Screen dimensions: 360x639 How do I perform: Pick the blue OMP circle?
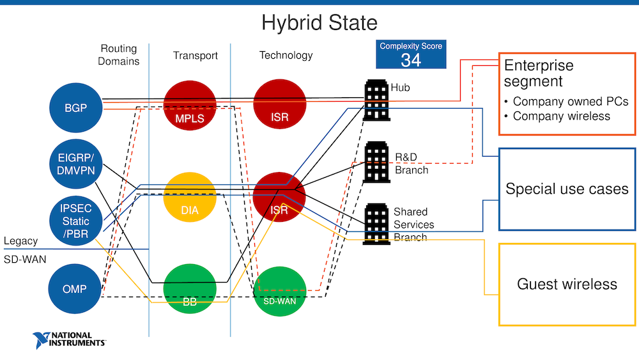click(76, 290)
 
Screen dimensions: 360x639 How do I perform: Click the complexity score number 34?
click(411, 60)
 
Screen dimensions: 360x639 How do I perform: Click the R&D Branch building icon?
click(377, 162)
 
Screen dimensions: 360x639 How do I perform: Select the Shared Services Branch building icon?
click(377, 224)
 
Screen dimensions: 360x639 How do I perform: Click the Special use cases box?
click(567, 189)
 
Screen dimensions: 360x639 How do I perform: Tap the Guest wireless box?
click(567, 285)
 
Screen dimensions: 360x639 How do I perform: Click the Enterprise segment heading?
click(539, 73)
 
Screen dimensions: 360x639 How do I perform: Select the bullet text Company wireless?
click(561, 116)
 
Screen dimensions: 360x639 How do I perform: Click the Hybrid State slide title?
click(319, 23)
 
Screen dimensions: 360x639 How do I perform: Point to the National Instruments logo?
click(70, 340)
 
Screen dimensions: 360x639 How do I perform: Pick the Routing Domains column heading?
click(119, 55)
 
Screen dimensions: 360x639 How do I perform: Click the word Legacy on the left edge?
click(20, 241)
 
